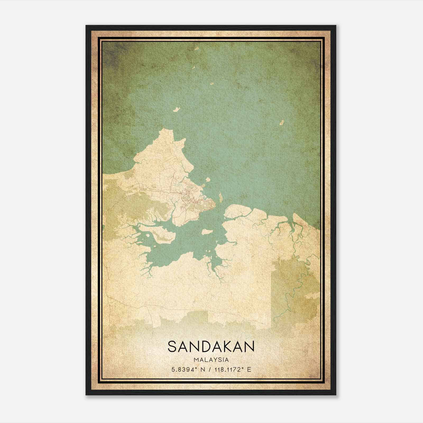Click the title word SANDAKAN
click(211, 346)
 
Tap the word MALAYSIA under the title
click(211, 360)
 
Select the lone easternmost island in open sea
click(282, 123)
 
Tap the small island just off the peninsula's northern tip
click(176, 109)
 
